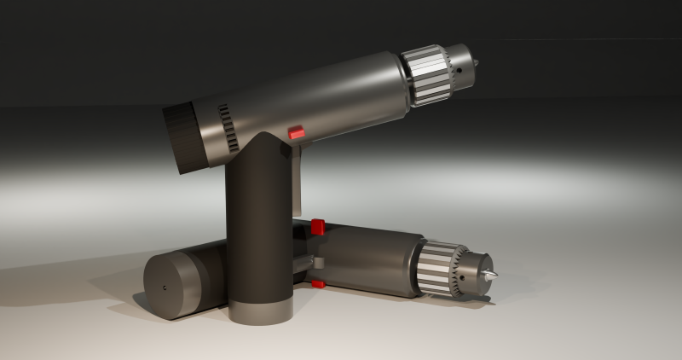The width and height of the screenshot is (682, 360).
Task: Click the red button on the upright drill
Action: click(x=297, y=132)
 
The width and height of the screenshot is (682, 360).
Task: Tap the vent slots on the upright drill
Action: click(x=228, y=128)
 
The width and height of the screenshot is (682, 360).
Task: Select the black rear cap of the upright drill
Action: click(x=182, y=136)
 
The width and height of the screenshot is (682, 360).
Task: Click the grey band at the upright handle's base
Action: click(x=261, y=312)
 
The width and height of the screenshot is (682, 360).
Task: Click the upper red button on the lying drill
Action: click(x=318, y=227)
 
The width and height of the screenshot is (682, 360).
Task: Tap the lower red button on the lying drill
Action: click(x=318, y=283)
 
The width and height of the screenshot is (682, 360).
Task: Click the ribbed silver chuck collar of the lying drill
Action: click(x=438, y=267)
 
